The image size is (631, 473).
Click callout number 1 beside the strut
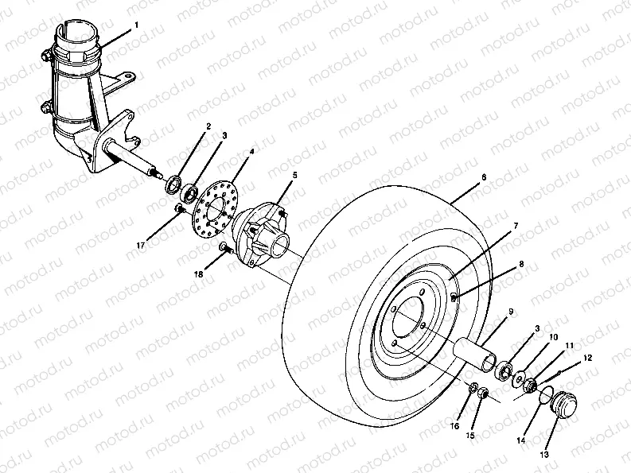tap(136, 25)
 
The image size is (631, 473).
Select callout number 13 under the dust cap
tap(545, 455)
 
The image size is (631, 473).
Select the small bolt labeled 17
tap(179, 209)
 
